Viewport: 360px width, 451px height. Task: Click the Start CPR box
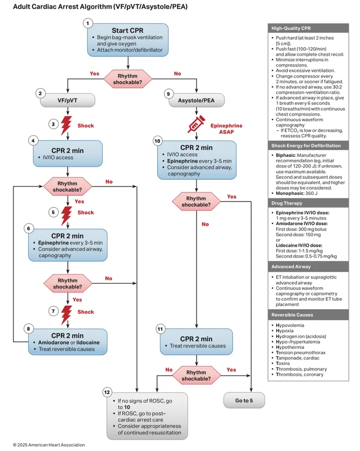click(x=128, y=40)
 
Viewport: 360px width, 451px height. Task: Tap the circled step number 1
click(x=88, y=23)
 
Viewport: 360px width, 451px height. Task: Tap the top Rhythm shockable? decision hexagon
click(x=128, y=79)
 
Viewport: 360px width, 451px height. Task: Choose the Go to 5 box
click(x=244, y=400)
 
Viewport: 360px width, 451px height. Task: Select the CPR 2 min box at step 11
click(x=196, y=342)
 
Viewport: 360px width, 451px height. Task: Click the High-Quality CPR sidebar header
click(x=308, y=28)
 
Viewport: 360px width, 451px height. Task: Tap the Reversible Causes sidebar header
click(x=308, y=315)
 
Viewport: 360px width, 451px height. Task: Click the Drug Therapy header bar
click(x=308, y=203)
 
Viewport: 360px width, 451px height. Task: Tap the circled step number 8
click(x=29, y=329)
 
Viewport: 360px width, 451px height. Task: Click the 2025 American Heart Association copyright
click(x=49, y=445)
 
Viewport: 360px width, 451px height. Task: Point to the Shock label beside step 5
click(x=86, y=213)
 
